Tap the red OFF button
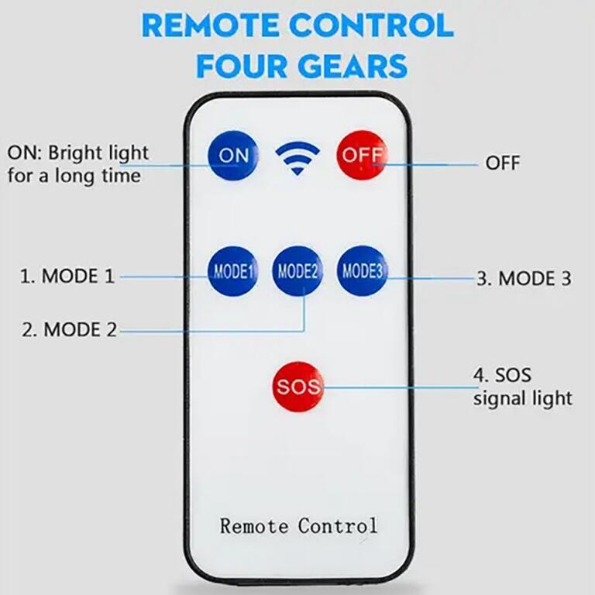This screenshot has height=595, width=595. pyautogui.click(x=361, y=155)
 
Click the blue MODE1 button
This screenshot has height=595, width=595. pyautogui.click(x=232, y=271)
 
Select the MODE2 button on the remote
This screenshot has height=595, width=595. pyautogui.click(x=297, y=271)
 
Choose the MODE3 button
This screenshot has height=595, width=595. pyautogui.click(x=363, y=271)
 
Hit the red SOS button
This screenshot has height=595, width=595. pyautogui.click(x=297, y=386)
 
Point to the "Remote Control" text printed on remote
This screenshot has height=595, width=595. pyautogui.click(x=298, y=526)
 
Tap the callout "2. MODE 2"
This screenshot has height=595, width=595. pyautogui.click(x=69, y=329)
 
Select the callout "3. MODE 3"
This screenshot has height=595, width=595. pyautogui.click(x=524, y=279)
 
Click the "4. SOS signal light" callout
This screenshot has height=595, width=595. pyautogui.click(x=522, y=387)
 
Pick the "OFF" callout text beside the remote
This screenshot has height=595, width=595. pyautogui.click(x=503, y=163)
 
